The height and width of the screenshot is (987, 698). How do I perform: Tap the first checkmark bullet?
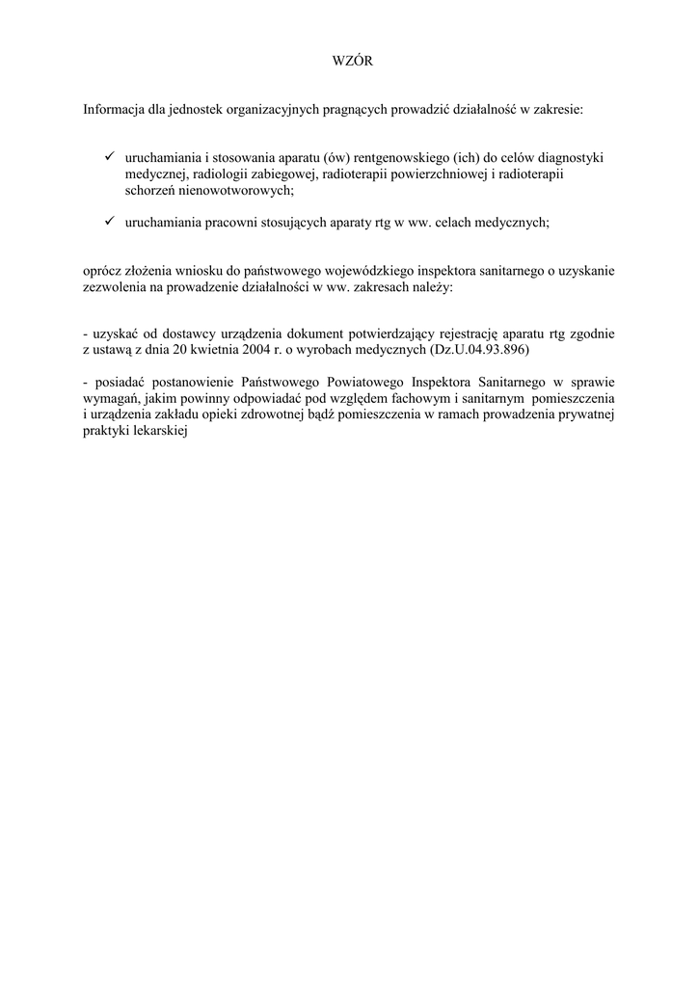(110, 155)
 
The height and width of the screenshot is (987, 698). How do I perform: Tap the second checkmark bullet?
(110, 221)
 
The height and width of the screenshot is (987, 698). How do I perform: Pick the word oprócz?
(103, 271)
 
